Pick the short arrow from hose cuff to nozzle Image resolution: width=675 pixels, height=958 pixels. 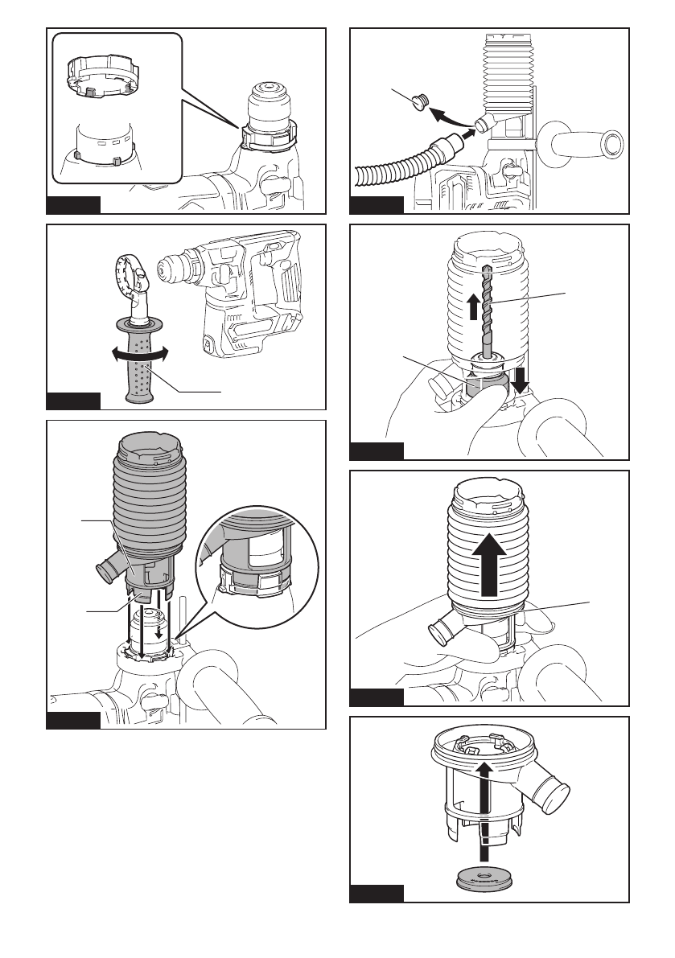pyautogui.click(x=466, y=137)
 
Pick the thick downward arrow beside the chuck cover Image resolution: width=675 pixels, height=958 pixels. pyautogui.click(x=521, y=378)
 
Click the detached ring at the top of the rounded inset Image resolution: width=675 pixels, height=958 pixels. pyautogui.click(x=97, y=72)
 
